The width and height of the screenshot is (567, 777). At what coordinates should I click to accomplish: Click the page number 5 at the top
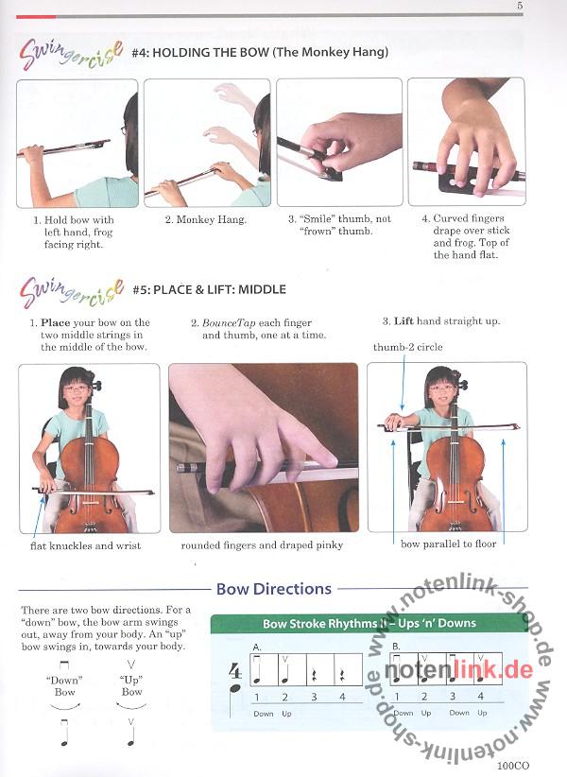pyautogui.click(x=520, y=6)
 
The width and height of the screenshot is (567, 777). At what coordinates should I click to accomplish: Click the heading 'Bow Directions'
pyautogui.click(x=274, y=589)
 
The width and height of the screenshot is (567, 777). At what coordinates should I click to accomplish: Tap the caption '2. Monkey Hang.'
pyautogui.click(x=205, y=219)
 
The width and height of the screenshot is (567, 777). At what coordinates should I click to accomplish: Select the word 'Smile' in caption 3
pyautogui.click(x=318, y=218)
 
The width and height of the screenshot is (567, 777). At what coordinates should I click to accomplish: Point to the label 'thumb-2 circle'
pyautogui.click(x=407, y=347)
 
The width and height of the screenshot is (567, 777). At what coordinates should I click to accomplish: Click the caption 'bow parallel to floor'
pyautogui.click(x=448, y=544)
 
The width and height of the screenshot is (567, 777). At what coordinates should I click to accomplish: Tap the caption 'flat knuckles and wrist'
pyautogui.click(x=85, y=545)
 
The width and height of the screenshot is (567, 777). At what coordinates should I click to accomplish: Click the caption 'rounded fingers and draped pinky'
pyautogui.click(x=262, y=545)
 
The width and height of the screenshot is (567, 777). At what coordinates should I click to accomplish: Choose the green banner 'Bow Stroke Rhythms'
pyautogui.click(x=369, y=623)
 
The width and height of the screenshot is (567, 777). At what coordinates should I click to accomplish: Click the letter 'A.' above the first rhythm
pyautogui.click(x=256, y=647)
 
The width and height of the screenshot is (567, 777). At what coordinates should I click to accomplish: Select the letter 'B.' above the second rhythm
pyautogui.click(x=396, y=647)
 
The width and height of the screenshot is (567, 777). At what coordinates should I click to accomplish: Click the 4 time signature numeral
pyautogui.click(x=235, y=671)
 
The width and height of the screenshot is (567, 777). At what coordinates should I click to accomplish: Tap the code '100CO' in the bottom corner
pyautogui.click(x=513, y=766)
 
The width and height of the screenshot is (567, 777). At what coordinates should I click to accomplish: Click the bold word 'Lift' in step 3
pyautogui.click(x=404, y=321)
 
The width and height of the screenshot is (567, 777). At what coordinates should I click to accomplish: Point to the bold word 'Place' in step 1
pyautogui.click(x=56, y=322)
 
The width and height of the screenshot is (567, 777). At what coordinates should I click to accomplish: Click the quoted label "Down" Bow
pyautogui.click(x=64, y=686)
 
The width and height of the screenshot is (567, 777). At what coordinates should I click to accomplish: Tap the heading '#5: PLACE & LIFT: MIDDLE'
pyautogui.click(x=209, y=289)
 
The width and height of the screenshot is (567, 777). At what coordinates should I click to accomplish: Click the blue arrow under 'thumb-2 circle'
pyautogui.click(x=404, y=382)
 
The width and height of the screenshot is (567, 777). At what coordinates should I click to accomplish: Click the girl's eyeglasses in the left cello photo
pyautogui.click(x=77, y=388)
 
